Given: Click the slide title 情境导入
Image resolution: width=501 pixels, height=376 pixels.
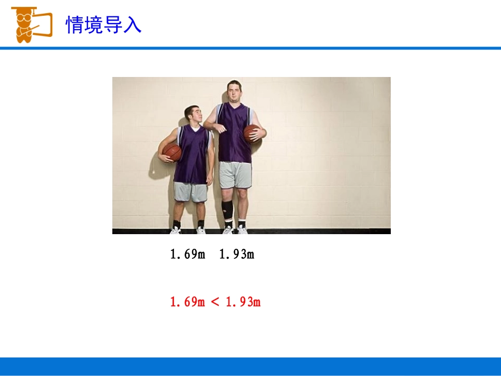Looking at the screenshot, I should [x=103, y=25].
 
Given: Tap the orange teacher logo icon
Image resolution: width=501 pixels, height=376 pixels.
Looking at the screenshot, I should [x=31, y=24].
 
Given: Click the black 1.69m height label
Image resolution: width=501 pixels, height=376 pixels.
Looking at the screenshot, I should [x=187, y=255].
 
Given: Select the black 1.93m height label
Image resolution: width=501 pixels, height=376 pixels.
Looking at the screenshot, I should [x=237, y=255].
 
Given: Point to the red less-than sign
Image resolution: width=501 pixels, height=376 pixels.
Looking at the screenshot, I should [x=215, y=302].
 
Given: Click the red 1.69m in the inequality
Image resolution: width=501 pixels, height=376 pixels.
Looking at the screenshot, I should [x=187, y=302].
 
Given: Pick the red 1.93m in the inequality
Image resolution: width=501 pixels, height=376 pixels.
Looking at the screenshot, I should [x=243, y=302].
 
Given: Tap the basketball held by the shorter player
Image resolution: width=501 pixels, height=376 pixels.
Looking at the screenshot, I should [x=172, y=153].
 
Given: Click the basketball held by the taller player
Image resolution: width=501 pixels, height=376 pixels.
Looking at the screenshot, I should [x=252, y=133].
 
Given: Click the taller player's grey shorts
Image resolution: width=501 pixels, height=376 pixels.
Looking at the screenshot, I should [x=235, y=175].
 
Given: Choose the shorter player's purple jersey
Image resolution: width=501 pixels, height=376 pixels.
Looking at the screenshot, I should [x=192, y=156].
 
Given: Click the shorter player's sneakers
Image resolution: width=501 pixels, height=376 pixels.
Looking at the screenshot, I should [x=188, y=230].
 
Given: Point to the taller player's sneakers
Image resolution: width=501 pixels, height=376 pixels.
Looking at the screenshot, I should [x=235, y=230].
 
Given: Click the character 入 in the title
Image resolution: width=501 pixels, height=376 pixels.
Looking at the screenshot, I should [x=132, y=25].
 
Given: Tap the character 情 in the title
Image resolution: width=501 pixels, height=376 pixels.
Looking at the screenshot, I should [x=74, y=25].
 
